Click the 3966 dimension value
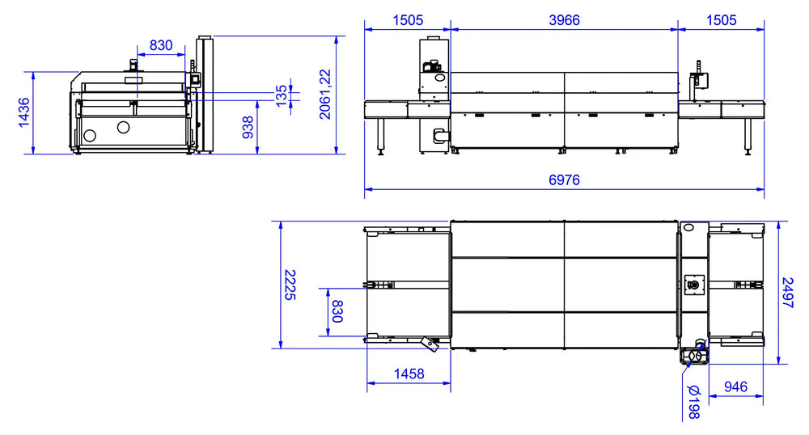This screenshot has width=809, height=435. pos(564,20)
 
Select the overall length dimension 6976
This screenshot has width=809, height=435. pos(564,179)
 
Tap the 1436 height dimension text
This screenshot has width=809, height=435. pos(24,112)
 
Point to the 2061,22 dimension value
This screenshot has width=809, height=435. pos(324,95)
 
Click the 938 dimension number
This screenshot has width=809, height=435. pos(248,127)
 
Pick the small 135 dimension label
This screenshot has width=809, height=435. pos(282,96)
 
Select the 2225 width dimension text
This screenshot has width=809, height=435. pos(290,285)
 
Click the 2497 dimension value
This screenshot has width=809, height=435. pos(787,292)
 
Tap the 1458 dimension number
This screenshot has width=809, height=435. pos(409,374)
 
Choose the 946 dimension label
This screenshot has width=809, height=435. pos(735,386)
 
